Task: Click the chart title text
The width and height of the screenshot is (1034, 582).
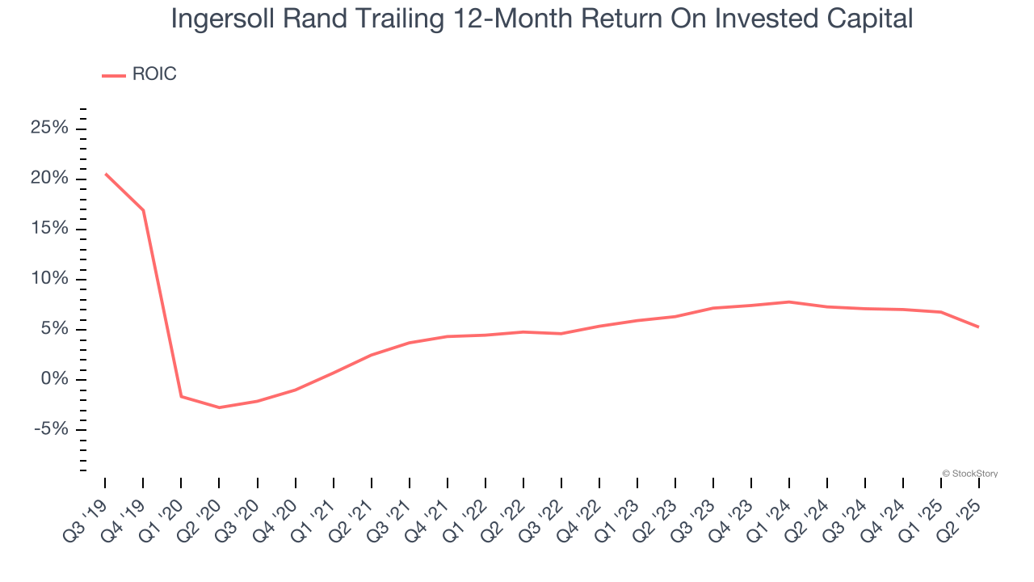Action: pos(542,19)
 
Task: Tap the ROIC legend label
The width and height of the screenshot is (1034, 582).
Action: pos(154,74)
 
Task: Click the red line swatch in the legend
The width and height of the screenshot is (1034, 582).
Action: pos(114,76)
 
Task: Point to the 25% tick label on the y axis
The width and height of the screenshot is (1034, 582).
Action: pos(49,128)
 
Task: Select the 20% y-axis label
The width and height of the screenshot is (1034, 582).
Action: pos(49,178)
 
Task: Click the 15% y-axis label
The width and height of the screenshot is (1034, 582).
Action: pos(49,228)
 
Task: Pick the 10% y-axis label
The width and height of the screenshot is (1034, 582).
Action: pos(49,279)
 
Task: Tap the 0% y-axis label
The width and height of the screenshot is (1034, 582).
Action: pos(54,379)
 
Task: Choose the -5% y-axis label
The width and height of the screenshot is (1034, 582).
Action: pos(51,429)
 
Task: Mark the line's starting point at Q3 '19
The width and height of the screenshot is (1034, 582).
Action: pos(106,174)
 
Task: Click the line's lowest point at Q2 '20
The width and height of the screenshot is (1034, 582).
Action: pos(219,407)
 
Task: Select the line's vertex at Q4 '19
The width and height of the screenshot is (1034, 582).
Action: pos(144,210)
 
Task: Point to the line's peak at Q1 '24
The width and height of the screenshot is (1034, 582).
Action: pos(789,302)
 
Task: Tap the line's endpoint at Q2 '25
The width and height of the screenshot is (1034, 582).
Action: pos(978,327)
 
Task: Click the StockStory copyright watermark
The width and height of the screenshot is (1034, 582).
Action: pos(970,474)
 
